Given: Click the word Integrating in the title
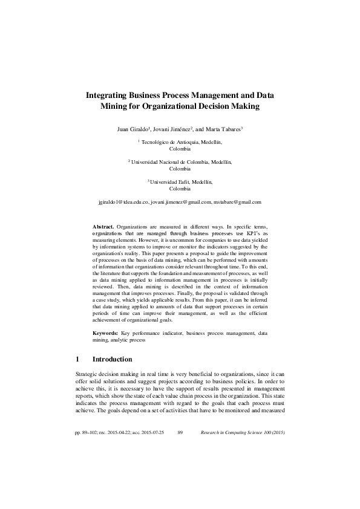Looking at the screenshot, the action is point(106,95).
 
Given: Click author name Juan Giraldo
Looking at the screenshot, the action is point(133,129).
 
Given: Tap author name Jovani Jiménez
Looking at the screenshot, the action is point(171,129).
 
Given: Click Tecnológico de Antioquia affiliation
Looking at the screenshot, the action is point(181,142).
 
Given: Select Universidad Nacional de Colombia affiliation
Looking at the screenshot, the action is point(181,162).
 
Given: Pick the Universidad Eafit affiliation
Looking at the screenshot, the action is point(181,182).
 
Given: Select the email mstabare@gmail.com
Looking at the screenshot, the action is point(238,202).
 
